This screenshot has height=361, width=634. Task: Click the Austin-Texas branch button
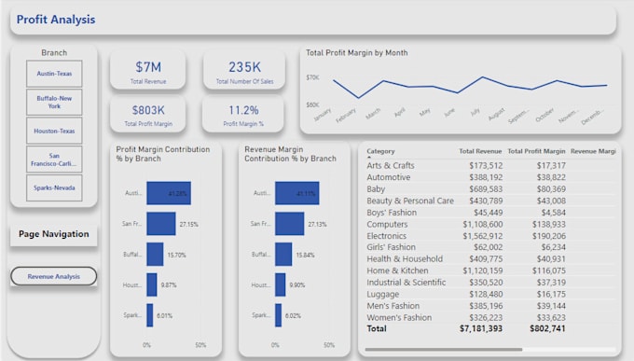54,74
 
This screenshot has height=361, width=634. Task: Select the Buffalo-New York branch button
54,102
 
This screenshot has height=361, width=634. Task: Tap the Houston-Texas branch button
54,132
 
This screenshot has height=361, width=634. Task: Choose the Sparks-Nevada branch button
54,188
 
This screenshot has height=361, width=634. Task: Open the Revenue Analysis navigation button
54,276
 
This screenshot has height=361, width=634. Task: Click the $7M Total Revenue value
147,67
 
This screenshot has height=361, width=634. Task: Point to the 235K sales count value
244,67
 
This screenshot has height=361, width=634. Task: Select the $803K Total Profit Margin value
147,109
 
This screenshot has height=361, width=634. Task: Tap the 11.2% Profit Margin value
244,109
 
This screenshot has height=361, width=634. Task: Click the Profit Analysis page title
57,20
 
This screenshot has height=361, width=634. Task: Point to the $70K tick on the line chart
312,78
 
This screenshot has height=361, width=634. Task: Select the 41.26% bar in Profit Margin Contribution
168,193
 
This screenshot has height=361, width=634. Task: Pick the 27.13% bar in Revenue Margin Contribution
289,224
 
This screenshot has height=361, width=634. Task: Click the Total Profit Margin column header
536,151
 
